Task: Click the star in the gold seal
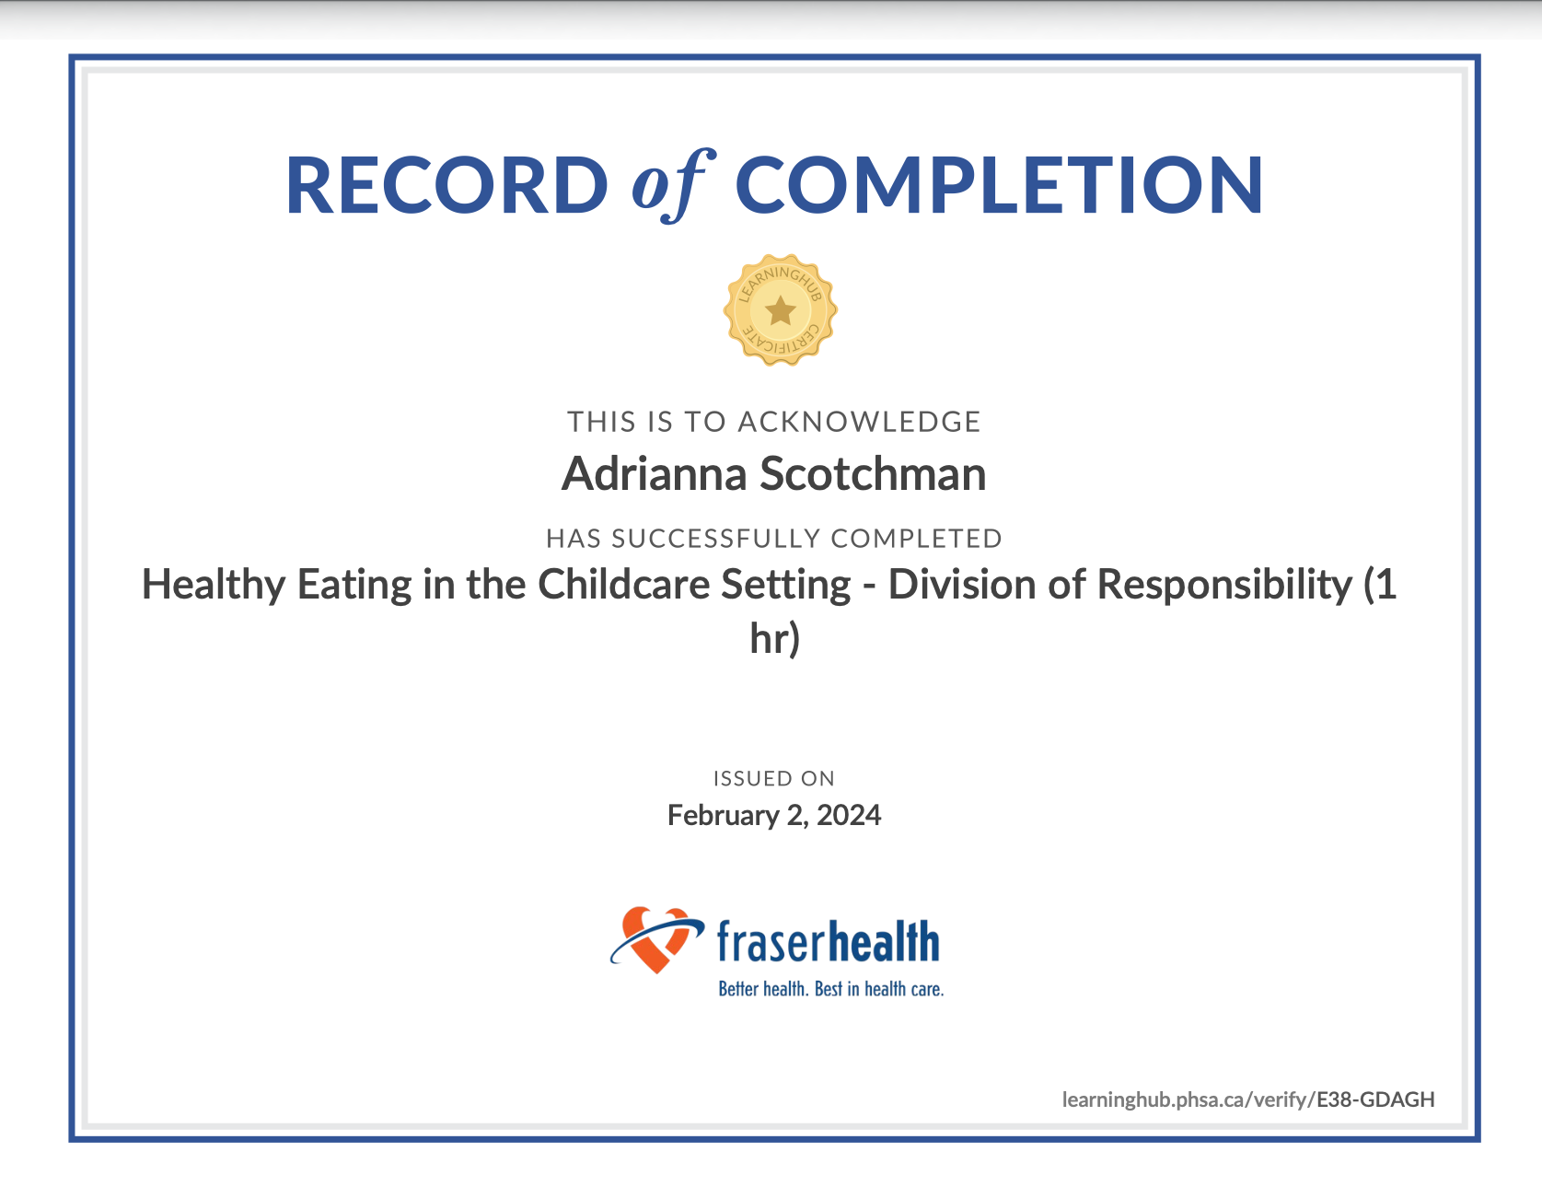[781, 310]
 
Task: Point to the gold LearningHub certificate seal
[781, 310]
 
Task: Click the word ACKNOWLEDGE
[859, 422]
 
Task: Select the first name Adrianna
[655, 474]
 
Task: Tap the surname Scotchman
[873, 474]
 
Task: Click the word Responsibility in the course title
[1223, 586]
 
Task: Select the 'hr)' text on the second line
[775, 639]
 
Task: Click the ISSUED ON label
[774, 779]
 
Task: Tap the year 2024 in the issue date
[849, 816]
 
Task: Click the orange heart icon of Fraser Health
[656, 939]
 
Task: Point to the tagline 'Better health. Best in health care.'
[831, 989]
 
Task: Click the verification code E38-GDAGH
[1375, 1099]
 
